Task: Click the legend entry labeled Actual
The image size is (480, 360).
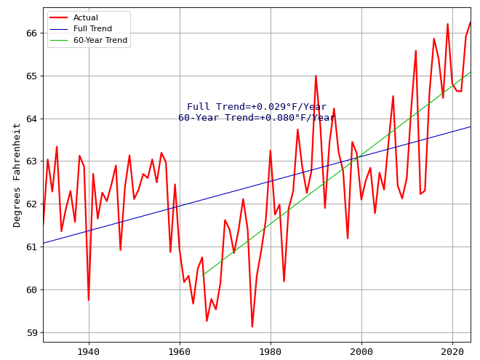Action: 86,17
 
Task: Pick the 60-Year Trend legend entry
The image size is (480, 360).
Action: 100,40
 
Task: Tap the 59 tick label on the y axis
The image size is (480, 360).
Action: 31,332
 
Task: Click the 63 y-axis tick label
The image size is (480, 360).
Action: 31,161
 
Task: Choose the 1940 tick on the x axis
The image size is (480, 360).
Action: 89,351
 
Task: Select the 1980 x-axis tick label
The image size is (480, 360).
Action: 271,351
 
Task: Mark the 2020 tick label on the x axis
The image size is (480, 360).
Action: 452,351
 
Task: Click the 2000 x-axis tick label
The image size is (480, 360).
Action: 361,351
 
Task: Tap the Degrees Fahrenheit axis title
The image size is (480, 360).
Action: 17,175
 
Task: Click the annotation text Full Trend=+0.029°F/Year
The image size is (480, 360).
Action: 257,107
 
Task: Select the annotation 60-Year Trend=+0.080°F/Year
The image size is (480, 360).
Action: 257,118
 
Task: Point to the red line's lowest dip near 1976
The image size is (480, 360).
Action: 252,327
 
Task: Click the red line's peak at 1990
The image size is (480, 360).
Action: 316,76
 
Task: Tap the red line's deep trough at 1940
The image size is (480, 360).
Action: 89,300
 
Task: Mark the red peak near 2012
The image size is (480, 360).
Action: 416,50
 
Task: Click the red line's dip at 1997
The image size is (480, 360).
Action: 348,239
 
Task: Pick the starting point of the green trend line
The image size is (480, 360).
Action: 202,276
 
